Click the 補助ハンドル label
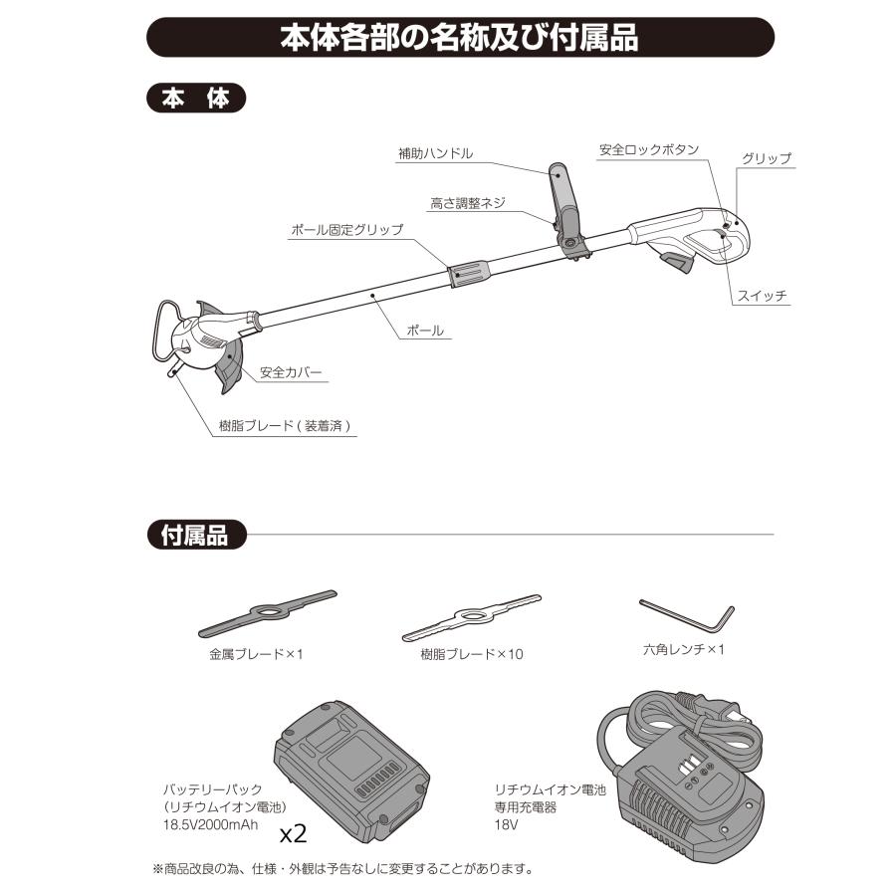pyautogui.click(x=435, y=153)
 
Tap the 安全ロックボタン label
pyautogui.click(x=648, y=150)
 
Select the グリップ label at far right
pyautogui.click(x=766, y=158)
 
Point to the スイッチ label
pyautogui.click(x=763, y=297)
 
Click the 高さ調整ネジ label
pyautogui.click(x=467, y=202)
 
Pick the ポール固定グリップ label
pyautogui.click(x=346, y=229)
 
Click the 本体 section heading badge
pyautogui.click(x=195, y=100)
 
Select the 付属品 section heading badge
pyautogui.click(x=195, y=535)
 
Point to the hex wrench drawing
pyautogui.click(x=687, y=614)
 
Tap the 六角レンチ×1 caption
pyautogui.click(x=684, y=650)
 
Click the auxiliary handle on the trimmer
pyautogui.click(x=563, y=199)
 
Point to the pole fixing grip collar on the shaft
pyautogui.click(x=472, y=272)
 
